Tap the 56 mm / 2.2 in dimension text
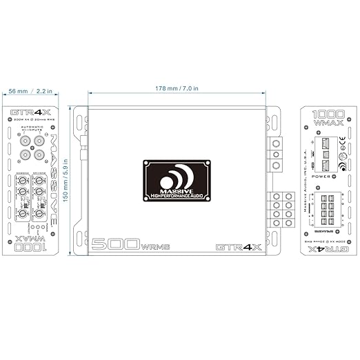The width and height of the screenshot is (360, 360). point(32,90)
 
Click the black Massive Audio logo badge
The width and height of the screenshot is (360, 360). point(177,181)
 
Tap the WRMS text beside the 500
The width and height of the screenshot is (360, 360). point(154,247)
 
